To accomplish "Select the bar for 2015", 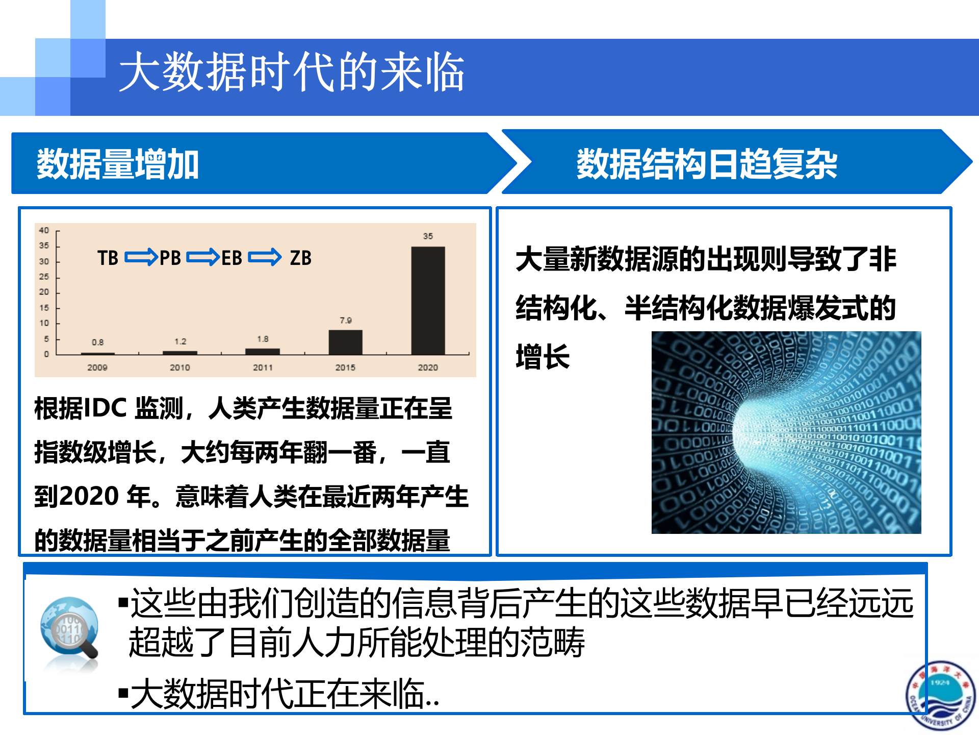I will (x=345, y=342).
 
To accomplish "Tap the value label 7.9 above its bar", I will (x=346, y=321).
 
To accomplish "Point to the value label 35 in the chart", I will (x=428, y=236).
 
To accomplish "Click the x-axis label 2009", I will (x=97, y=367).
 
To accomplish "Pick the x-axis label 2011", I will (x=263, y=367).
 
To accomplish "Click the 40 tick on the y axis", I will (x=44, y=230).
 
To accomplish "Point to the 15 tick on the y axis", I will (x=44, y=308).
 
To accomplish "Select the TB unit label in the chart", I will (x=108, y=258).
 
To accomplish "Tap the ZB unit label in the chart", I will (x=300, y=258).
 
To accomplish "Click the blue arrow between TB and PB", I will (x=141, y=257).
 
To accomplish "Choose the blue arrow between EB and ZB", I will (x=265, y=257).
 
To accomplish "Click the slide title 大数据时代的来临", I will (x=292, y=72).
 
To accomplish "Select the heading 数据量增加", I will (x=118, y=164).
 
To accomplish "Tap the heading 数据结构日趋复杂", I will (x=707, y=164).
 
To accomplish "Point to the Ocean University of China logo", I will (x=940, y=695).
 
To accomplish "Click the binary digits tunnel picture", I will (x=786, y=433).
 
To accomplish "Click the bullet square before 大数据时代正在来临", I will (x=123, y=693).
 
